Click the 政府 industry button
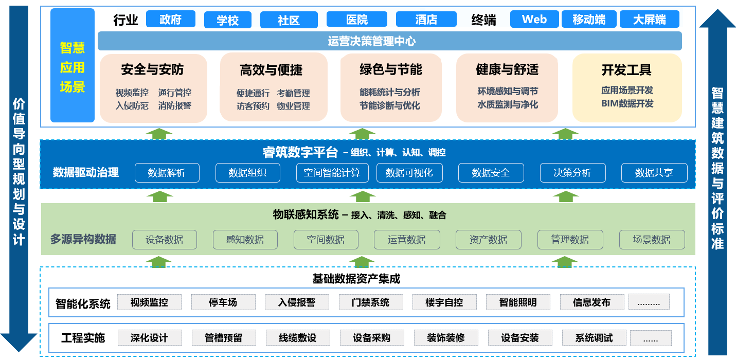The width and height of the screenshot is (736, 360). tap(171, 20)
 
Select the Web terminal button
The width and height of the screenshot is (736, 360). tap(534, 20)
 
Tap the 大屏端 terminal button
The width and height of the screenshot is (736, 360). tap(649, 20)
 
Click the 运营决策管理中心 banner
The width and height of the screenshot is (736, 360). tap(389, 41)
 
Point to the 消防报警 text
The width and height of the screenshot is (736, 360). tap(175, 106)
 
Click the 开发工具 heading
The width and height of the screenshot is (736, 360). tap(626, 70)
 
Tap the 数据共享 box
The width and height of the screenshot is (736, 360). tap(654, 173)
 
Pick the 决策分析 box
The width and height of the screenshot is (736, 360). tap(572, 173)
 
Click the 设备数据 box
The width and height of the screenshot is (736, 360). tap(164, 240)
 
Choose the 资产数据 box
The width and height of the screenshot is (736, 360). tap(488, 240)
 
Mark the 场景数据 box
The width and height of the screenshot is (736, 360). tap(652, 240)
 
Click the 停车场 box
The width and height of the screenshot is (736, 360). tap(223, 302)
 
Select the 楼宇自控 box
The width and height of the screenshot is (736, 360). tap(444, 302)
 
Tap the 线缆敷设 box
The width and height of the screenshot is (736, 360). tap(298, 338)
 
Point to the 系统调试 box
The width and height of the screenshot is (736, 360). tap(594, 338)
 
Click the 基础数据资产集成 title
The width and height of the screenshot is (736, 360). tap(356, 279)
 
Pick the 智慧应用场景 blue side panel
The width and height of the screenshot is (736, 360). tap(73, 65)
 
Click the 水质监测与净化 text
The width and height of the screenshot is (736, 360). tap(508, 105)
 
